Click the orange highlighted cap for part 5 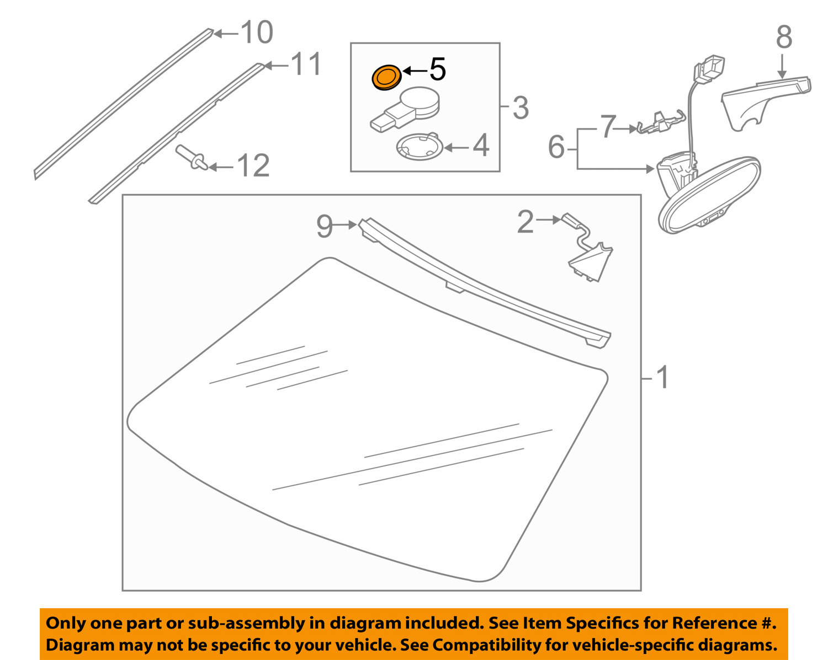[x=386, y=77]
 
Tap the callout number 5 [x=437, y=70]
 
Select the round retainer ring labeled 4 [x=420, y=147]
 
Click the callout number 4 [x=481, y=146]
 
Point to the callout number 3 [x=520, y=108]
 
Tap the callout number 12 [x=253, y=166]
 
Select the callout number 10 [x=257, y=33]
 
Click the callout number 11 [x=305, y=65]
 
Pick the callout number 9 [x=325, y=226]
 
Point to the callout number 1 [x=662, y=378]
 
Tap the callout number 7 [x=607, y=127]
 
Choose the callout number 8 [x=784, y=37]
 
